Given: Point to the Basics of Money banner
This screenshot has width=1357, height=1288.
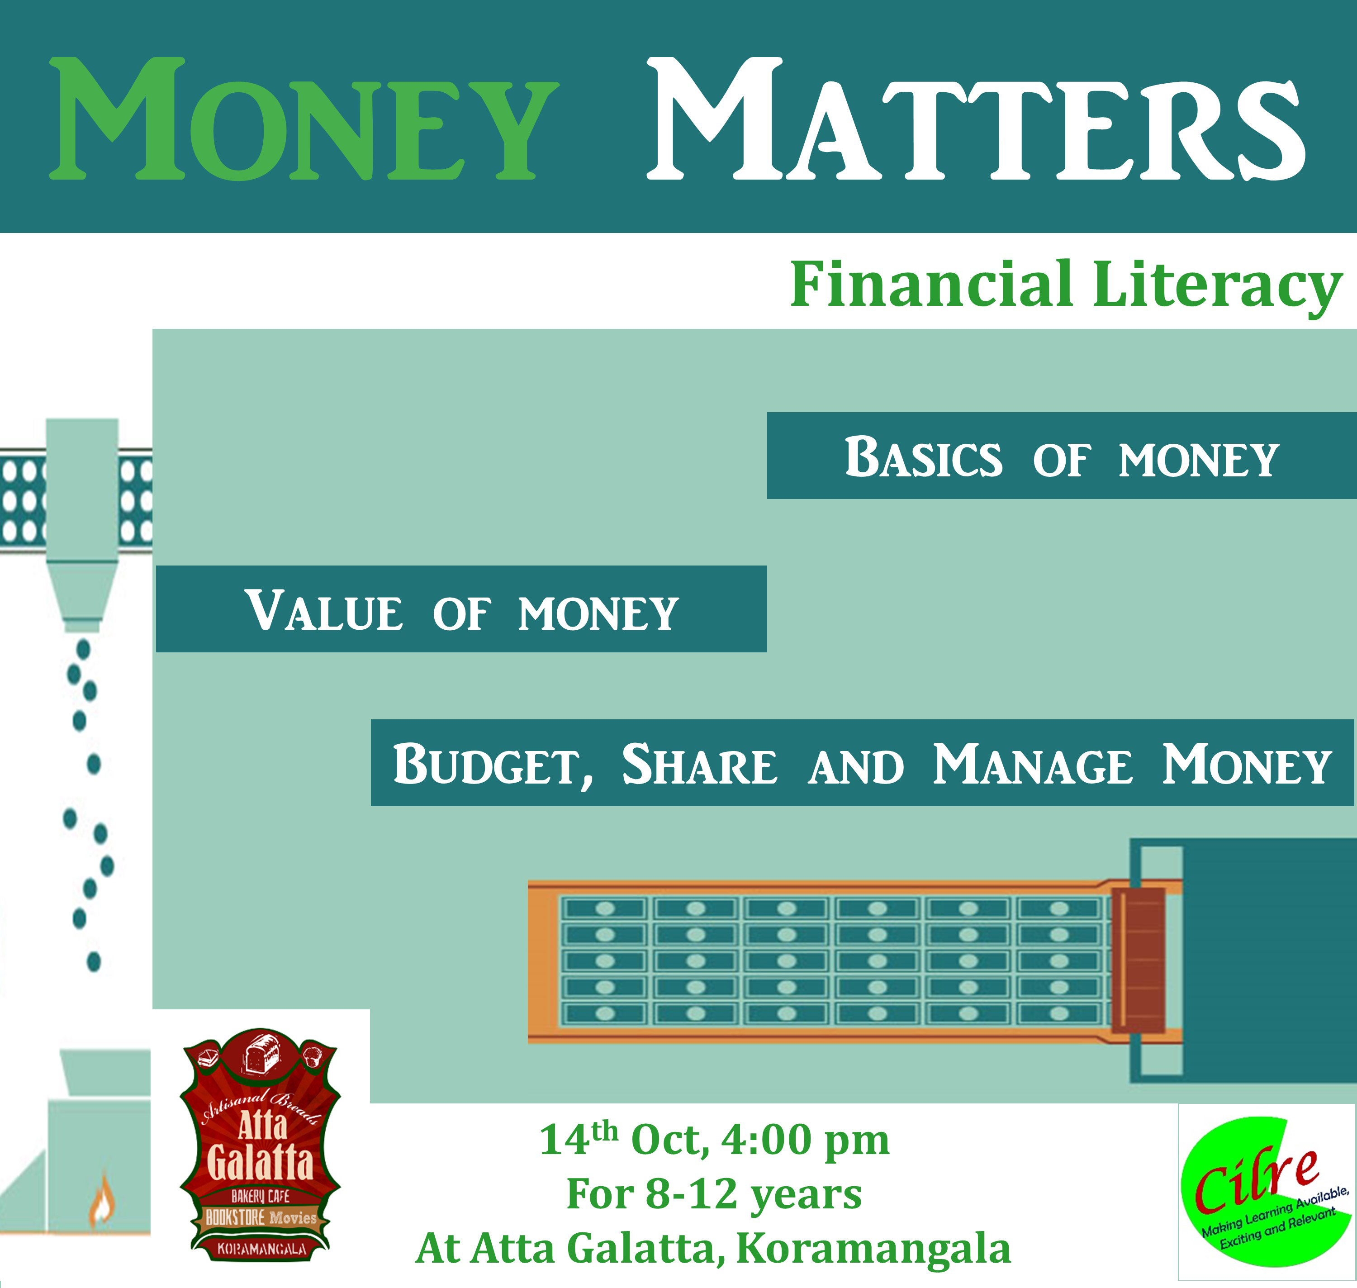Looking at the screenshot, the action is [x=1061, y=455].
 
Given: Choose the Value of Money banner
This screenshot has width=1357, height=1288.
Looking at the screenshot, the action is [x=461, y=609].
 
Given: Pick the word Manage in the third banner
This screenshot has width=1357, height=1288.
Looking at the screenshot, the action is [x=1033, y=764].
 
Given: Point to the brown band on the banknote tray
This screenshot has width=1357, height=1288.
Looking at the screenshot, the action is [x=1138, y=960].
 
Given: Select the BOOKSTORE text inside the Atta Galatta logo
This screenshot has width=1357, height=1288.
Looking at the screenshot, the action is [x=235, y=1217].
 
